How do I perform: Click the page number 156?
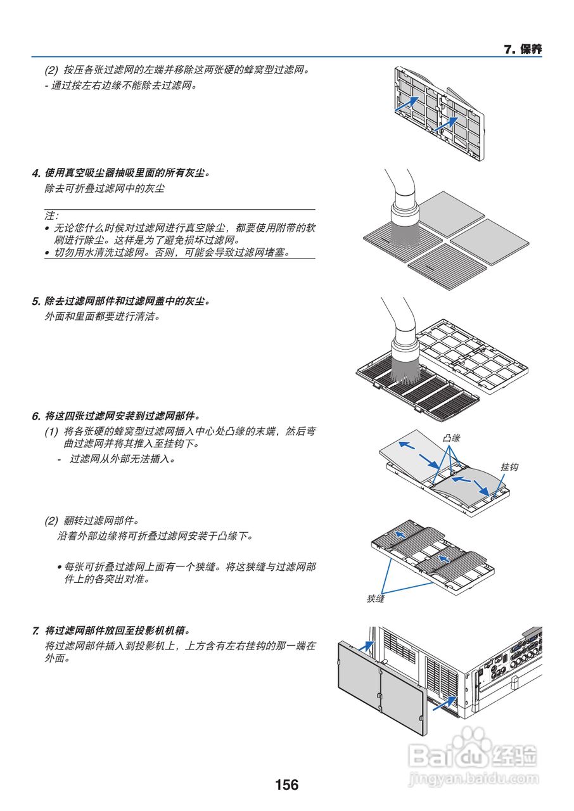point(286,785)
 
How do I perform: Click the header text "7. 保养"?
point(522,49)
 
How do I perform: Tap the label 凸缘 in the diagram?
point(451,438)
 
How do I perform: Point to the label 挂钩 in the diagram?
point(509,466)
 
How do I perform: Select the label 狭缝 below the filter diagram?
point(376,598)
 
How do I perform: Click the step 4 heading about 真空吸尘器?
point(120,172)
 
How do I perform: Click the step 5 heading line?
point(120,301)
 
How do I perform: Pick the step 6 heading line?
point(116,416)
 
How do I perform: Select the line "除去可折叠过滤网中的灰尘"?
point(105,189)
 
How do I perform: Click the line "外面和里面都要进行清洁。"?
point(102,316)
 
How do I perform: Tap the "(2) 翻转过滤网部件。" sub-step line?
point(92,521)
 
